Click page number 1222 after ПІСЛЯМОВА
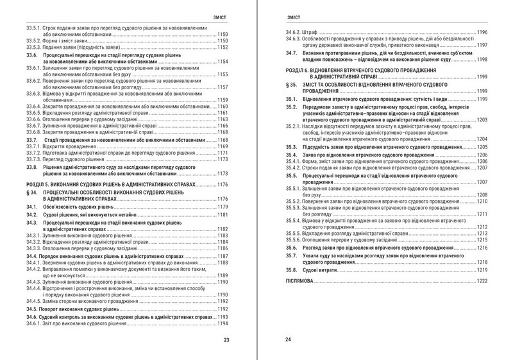482,281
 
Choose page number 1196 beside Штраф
482,32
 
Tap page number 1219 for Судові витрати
482,271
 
